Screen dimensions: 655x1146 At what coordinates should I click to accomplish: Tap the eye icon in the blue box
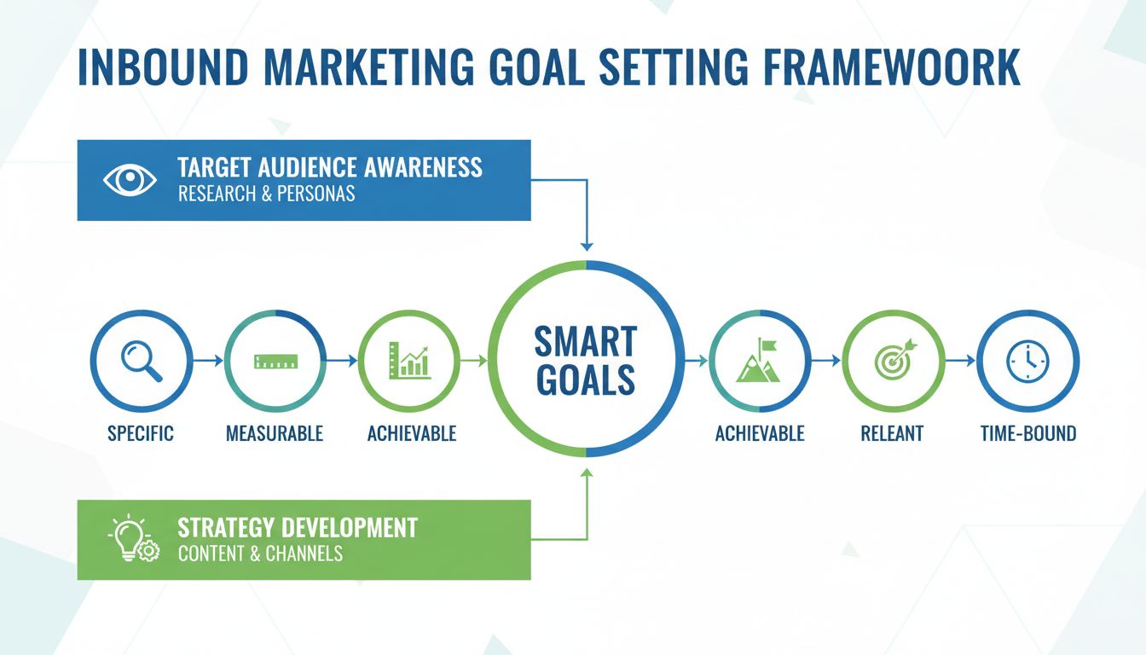(x=130, y=180)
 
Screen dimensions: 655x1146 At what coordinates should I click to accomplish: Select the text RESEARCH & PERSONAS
(x=266, y=194)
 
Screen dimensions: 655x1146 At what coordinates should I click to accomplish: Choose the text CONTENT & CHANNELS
(x=260, y=554)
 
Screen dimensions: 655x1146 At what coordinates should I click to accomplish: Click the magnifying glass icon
(x=141, y=361)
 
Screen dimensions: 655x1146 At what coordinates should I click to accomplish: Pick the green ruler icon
(x=275, y=362)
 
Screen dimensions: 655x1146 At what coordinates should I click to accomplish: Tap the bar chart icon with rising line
(x=409, y=361)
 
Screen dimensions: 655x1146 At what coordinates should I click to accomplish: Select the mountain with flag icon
(x=759, y=361)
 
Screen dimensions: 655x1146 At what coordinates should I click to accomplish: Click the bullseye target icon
(x=893, y=361)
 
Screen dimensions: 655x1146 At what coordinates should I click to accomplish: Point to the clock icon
(x=1027, y=361)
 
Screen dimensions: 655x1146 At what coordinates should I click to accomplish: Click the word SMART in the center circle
(x=585, y=343)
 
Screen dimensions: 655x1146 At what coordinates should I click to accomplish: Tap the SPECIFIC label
(x=141, y=433)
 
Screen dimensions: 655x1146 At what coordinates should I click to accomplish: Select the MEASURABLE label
(x=275, y=433)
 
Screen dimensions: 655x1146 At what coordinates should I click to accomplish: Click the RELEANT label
(x=892, y=433)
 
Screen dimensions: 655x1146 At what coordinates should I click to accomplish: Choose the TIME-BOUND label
(x=1028, y=433)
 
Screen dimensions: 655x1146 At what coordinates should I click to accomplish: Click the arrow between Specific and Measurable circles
(x=208, y=362)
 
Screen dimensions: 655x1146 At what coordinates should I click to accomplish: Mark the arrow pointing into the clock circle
(x=960, y=362)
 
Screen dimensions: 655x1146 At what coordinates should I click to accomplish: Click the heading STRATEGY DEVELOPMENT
(x=298, y=527)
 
